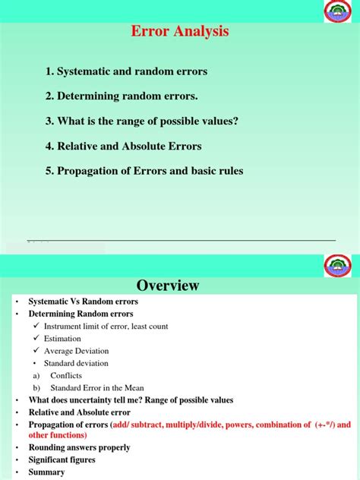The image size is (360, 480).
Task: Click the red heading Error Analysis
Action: click(180, 32)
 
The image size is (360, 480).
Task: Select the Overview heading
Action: click(168, 286)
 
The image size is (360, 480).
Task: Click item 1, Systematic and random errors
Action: click(126, 71)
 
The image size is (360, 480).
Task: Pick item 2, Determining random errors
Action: click(121, 96)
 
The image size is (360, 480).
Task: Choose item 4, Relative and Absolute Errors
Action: click(123, 146)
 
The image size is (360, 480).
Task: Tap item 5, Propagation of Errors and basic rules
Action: click(144, 171)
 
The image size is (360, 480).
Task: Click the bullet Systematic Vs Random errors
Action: click(83, 302)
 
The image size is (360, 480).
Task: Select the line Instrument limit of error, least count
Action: click(106, 327)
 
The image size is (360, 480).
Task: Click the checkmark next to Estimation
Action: click(36, 339)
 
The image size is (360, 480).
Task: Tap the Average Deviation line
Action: click(76, 351)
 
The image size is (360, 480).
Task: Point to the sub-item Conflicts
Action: click(65, 375)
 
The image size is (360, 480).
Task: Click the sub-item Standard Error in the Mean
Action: click(96, 387)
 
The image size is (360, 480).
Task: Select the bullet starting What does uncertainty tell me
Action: click(131, 400)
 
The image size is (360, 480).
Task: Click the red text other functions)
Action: click(58, 435)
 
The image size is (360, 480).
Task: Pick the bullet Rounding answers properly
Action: click(79, 447)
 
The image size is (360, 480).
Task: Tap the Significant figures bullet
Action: click(62, 459)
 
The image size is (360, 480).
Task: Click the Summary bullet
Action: click(46, 472)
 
